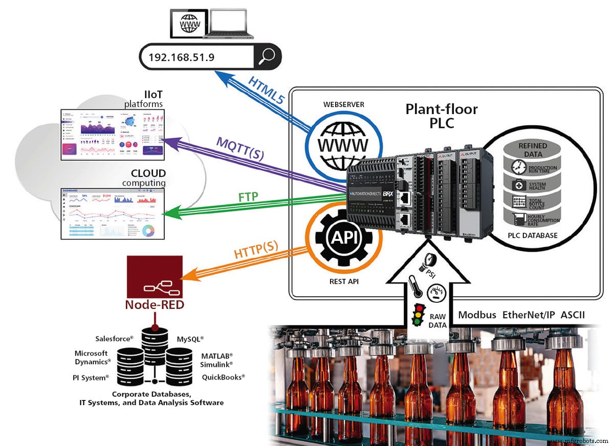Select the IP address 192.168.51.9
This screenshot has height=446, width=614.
point(181,57)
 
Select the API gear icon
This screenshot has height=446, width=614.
point(343,236)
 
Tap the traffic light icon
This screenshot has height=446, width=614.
point(418,316)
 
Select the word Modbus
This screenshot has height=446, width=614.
point(477,315)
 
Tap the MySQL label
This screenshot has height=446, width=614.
point(190,339)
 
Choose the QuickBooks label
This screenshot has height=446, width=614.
point(223,376)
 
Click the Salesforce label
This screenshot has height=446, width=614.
point(114,339)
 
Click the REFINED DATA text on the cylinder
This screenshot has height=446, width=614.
point(533,149)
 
